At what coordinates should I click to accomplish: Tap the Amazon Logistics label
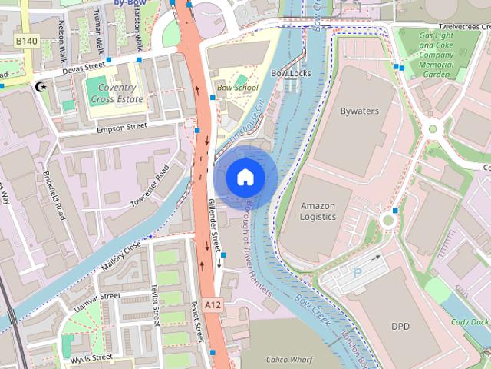pos(318,211)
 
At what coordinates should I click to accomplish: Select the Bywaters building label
pos(359,111)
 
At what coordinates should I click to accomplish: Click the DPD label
pos(400,327)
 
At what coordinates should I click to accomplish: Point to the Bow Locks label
pos(291,73)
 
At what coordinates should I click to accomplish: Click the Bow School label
pos(237,88)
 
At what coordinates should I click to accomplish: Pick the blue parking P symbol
pos(357,272)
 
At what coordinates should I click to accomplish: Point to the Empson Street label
pos(121,127)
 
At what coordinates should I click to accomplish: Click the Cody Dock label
pos(470,322)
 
